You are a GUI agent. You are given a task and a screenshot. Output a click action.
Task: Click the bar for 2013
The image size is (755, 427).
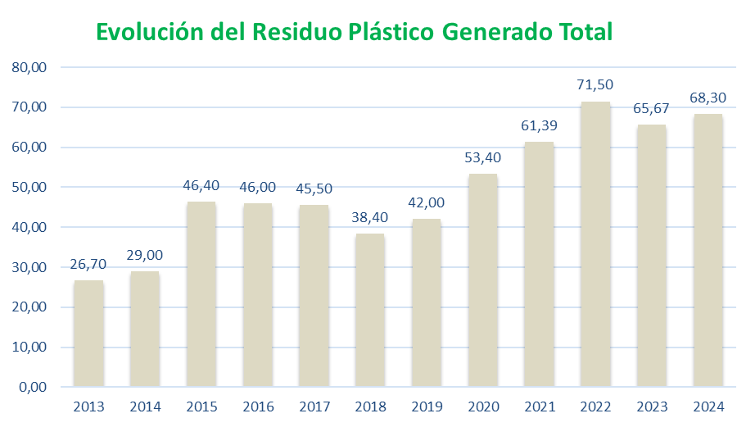pyautogui.click(x=88, y=333)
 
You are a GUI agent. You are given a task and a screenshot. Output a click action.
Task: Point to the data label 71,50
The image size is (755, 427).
pyautogui.click(x=595, y=84)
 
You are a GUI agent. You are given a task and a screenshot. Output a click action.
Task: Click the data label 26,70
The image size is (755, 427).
pyautogui.click(x=88, y=264)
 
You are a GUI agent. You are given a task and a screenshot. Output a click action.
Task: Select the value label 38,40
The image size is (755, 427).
pyautogui.click(x=370, y=217)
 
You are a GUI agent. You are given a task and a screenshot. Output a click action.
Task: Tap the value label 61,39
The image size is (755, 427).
pyautogui.click(x=539, y=125)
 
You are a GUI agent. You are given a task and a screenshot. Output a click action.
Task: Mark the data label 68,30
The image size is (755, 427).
pyautogui.click(x=708, y=98)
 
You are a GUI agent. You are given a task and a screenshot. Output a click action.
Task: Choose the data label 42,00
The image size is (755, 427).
pyautogui.click(x=427, y=202)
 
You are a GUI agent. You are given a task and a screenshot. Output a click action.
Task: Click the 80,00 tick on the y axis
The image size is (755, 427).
pyautogui.click(x=30, y=67)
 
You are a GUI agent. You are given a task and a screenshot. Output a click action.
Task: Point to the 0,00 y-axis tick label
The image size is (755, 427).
pyautogui.click(x=34, y=387)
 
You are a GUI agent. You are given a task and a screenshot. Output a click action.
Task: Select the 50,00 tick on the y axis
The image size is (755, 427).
pyautogui.click(x=30, y=187)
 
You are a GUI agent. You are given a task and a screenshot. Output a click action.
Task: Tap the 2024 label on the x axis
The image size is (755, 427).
pyautogui.click(x=708, y=407)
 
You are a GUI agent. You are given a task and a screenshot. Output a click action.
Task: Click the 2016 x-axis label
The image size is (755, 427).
pyautogui.click(x=258, y=407)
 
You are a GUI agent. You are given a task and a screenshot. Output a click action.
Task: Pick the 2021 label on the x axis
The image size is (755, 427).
pyautogui.click(x=539, y=407)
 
